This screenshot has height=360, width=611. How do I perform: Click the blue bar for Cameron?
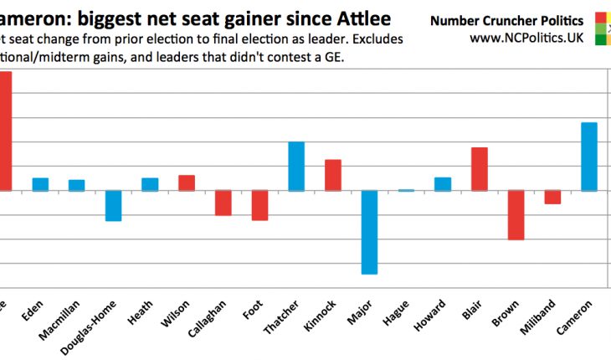pyautogui.click(x=588, y=157)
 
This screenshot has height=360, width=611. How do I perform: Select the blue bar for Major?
pyautogui.click(x=369, y=232)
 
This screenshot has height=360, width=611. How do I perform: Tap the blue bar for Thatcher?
pyautogui.click(x=296, y=166)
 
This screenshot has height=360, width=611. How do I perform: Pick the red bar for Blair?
pyautogui.click(x=479, y=169)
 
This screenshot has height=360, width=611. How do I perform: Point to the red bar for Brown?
pyautogui.click(x=516, y=215)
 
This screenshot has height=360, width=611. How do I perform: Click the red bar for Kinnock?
pyautogui.click(x=333, y=175)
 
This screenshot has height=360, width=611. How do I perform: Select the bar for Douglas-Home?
pyautogui.click(x=114, y=205)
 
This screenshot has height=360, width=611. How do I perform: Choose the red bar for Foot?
pyautogui.click(x=259, y=205)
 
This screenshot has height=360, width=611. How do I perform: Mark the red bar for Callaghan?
pyautogui.click(x=223, y=203)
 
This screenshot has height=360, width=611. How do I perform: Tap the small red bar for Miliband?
pyautogui.click(x=552, y=198)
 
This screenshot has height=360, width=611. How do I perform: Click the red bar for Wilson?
pyautogui.click(x=187, y=183)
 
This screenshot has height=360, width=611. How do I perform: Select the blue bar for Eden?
pyautogui.click(x=40, y=184)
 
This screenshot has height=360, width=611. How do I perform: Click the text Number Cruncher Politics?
pyautogui.click(x=506, y=20)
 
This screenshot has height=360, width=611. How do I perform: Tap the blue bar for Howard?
pyautogui.click(x=443, y=184)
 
